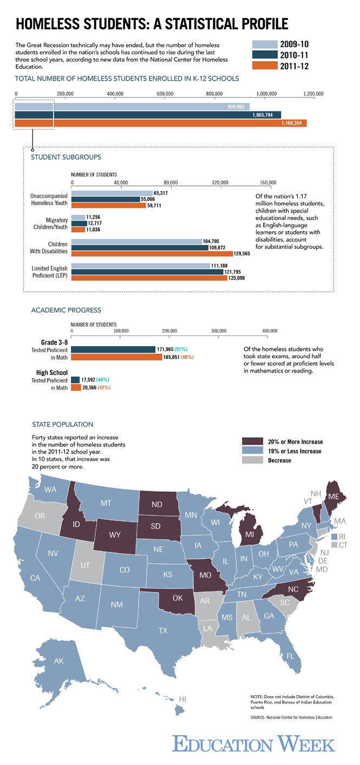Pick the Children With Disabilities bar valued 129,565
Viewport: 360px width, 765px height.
(152, 253)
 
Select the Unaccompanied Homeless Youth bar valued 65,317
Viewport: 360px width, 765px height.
(112, 193)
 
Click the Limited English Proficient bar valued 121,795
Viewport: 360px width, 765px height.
(147, 272)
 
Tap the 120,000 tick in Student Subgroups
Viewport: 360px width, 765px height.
(220, 182)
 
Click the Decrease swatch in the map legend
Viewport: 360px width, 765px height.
(252, 460)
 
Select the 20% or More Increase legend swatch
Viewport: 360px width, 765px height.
(252, 441)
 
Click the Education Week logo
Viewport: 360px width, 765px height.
(254, 743)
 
